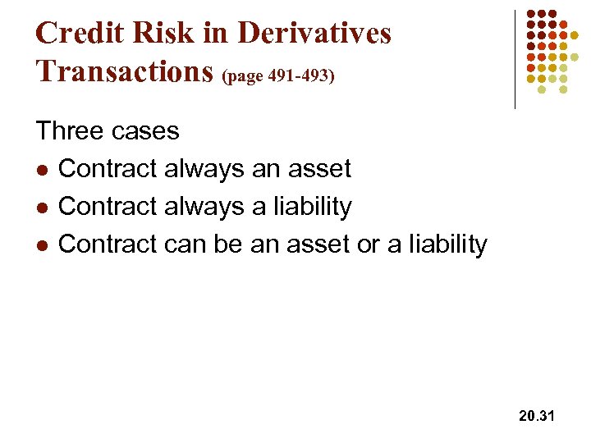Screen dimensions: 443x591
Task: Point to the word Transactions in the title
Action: point(126,71)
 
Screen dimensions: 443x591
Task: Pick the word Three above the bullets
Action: point(68,131)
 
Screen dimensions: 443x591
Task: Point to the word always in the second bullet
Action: point(204,207)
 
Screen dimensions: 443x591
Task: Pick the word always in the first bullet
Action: point(204,169)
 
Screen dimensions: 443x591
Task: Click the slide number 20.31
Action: point(537,417)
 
